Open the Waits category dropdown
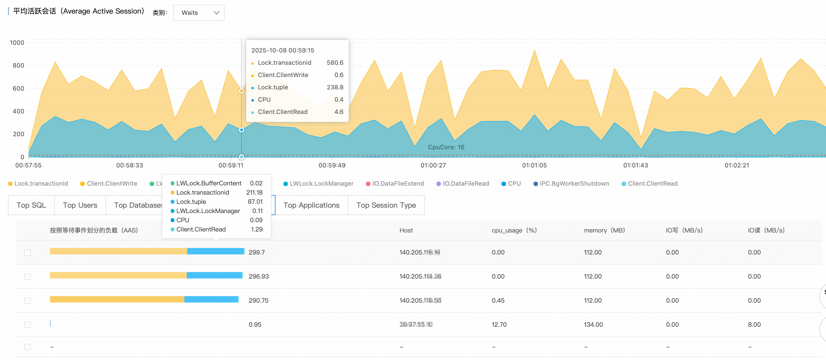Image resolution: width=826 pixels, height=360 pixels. click(199, 13)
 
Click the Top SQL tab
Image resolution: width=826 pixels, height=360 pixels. click(32, 205)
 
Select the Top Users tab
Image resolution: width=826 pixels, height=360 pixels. click(80, 205)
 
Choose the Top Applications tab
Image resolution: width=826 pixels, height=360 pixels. click(311, 205)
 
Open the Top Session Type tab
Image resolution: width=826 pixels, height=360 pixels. click(386, 205)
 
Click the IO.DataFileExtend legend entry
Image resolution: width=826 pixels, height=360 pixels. click(398, 184)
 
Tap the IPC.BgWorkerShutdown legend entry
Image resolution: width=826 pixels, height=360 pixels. click(574, 184)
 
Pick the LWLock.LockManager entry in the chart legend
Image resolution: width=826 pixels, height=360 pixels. click(321, 184)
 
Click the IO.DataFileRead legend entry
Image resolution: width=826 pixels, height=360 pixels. click(466, 184)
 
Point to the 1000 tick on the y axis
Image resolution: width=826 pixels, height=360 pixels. click(17, 43)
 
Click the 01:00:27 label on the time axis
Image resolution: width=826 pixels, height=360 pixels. click(433, 165)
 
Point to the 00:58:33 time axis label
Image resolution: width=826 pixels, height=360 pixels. click(130, 165)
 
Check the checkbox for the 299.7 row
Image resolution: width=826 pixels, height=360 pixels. click(28, 253)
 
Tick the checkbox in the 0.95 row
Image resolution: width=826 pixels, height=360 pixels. click(28, 325)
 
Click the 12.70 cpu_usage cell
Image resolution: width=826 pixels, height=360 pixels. click(499, 324)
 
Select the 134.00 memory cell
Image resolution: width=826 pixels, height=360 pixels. click(593, 324)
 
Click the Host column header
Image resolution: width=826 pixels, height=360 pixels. click(406, 230)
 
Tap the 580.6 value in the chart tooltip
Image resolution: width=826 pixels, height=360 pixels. click(335, 62)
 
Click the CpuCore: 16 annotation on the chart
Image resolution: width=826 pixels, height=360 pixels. click(446, 147)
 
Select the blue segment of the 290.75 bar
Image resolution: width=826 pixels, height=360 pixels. click(211, 299)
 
